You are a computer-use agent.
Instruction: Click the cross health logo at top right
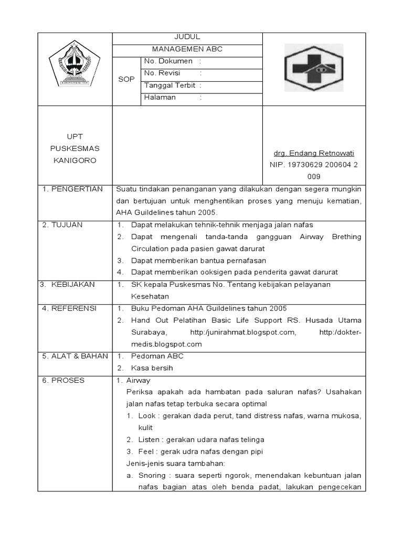tap(314, 69)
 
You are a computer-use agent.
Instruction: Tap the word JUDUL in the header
tap(187, 37)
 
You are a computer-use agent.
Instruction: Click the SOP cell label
tap(127, 79)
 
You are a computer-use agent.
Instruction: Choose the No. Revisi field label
tap(162, 73)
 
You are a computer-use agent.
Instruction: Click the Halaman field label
tap(160, 98)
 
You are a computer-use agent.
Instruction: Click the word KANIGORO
tap(75, 160)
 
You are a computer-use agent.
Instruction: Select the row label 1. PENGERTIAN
tap(73, 189)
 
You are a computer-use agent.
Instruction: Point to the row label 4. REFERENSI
tap(69, 308)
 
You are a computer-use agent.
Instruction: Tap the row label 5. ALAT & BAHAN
tap(75, 356)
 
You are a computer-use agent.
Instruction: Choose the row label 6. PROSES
tap(63, 380)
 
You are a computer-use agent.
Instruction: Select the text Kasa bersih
tap(152, 368)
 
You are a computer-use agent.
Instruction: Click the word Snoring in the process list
tap(151, 476)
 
